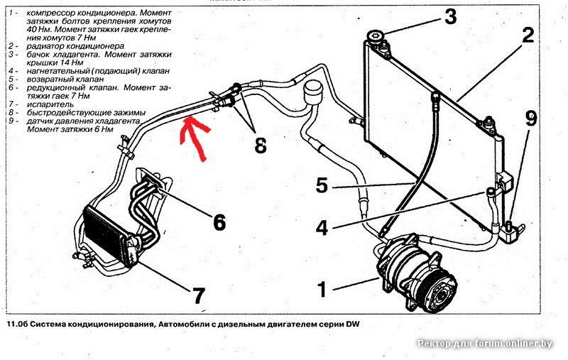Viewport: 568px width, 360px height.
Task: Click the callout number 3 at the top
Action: pos(450,16)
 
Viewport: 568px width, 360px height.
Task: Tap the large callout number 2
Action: pos(527,36)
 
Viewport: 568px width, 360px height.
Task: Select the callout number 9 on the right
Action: pos(531,119)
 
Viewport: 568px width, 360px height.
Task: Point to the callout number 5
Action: pos(322,187)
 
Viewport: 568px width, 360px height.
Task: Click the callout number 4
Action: pos(322,229)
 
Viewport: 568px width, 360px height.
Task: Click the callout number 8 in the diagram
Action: pos(260,146)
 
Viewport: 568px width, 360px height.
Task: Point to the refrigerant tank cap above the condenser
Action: pos(373,38)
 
